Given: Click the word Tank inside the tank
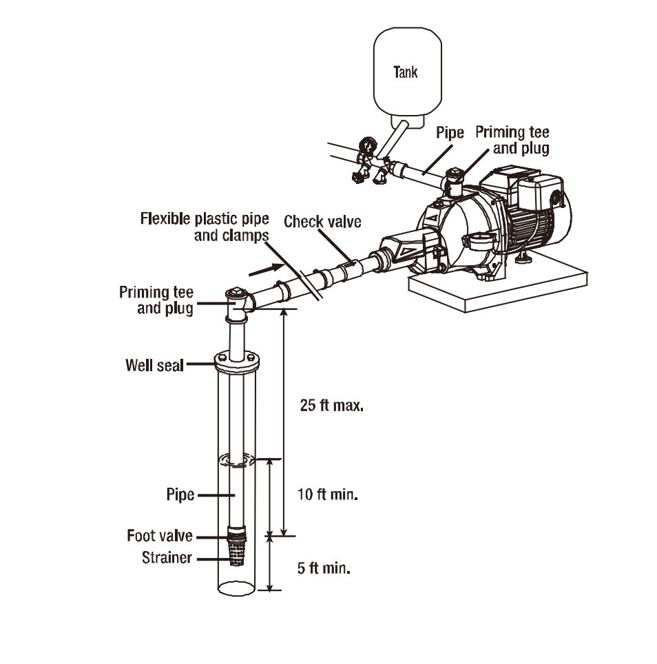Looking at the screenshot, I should pyautogui.click(x=405, y=72).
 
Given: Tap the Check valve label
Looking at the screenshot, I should pyautogui.click(x=322, y=222).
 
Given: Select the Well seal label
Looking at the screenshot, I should pyautogui.click(x=154, y=364).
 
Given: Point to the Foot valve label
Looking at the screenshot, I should pyautogui.click(x=160, y=536).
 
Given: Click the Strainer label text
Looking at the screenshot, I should pyautogui.click(x=167, y=557).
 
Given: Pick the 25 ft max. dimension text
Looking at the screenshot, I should pyautogui.click(x=331, y=405).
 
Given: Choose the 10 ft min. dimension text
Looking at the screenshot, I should pyautogui.click(x=327, y=495).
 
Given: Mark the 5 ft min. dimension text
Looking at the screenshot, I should pyautogui.click(x=324, y=569).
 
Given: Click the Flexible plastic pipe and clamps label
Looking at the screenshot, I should pyautogui.click(x=205, y=227).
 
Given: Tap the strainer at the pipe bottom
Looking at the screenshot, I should pyautogui.click(x=236, y=554).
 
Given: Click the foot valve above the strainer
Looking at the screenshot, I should pyautogui.click(x=236, y=535).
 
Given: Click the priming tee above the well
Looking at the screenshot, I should pyautogui.click(x=237, y=303).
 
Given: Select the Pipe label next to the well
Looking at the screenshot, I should pyautogui.click(x=180, y=495).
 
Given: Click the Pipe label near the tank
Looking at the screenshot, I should pyautogui.click(x=450, y=133).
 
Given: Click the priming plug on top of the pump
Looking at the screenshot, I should pyautogui.click(x=455, y=173).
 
